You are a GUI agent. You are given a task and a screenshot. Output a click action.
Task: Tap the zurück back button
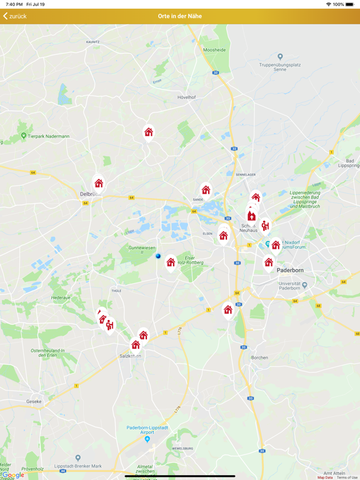click(x=15, y=16)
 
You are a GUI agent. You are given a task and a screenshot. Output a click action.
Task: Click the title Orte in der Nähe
click(x=180, y=16)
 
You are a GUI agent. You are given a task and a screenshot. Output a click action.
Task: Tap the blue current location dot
click(x=158, y=256)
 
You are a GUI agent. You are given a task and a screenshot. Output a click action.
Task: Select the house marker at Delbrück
click(x=99, y=184)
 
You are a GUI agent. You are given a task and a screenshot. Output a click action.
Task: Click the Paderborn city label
click(x=290, y=270)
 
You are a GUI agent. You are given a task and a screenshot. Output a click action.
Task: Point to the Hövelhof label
click(x=187, y=97)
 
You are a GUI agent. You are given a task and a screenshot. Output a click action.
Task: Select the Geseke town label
click(x=34, y=401)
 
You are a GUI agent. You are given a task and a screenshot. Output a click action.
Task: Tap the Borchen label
click(x=259, y=357)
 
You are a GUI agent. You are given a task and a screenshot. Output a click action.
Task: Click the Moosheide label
click(x=215, y=49)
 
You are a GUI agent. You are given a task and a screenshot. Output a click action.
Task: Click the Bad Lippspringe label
click(x=350, y=164)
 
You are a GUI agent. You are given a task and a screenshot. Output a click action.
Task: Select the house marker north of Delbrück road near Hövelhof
click(x=149, y=132)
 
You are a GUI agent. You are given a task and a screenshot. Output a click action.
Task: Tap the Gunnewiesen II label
click(x=142, y=249)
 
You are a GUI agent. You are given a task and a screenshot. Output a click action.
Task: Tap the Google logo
click(x=14, y=475)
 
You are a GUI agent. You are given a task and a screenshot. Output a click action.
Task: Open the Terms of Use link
click(x=347, y=477)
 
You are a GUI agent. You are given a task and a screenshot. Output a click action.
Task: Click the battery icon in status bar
click(x=351, y=4)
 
